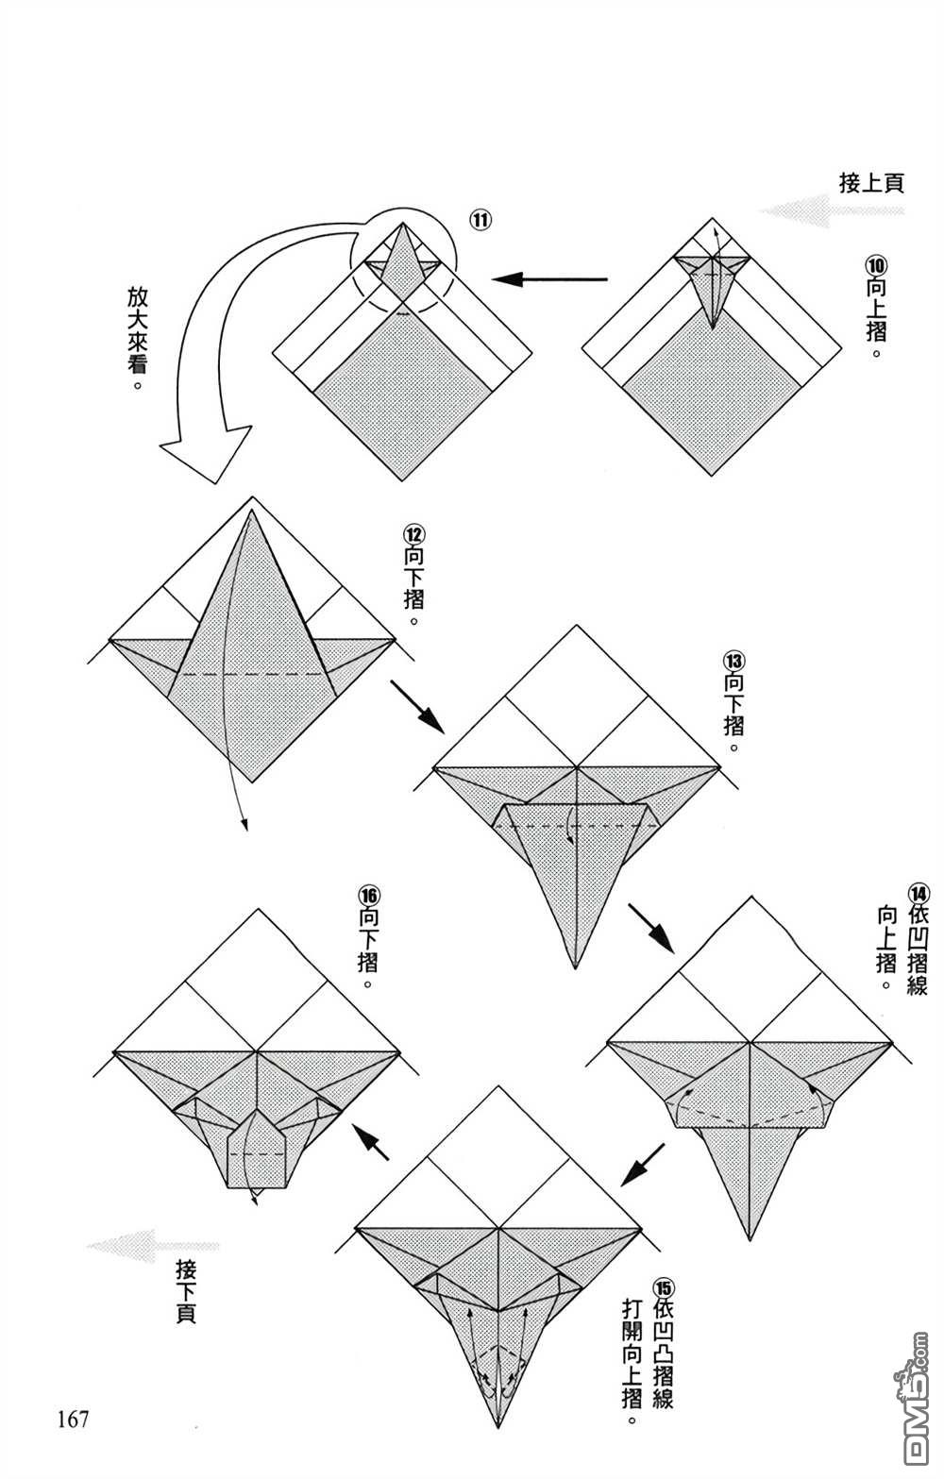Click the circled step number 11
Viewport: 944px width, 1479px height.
pyautogui.click(x=480, y=221)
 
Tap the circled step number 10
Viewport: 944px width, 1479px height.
pyautogui.click(x=876, y=265)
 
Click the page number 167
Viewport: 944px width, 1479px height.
pyautogui.click(x=73, y=1418)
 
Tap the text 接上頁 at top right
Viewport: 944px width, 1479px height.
pyautogui.click(x=871, y=182)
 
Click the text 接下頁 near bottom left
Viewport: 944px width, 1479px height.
pyautogui.click(x=186, y=1290)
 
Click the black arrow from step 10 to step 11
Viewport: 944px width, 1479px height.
pyautogui.click(x=548, y=279)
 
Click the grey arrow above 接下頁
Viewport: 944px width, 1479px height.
pyautogui.click(x=151, y=1246)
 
